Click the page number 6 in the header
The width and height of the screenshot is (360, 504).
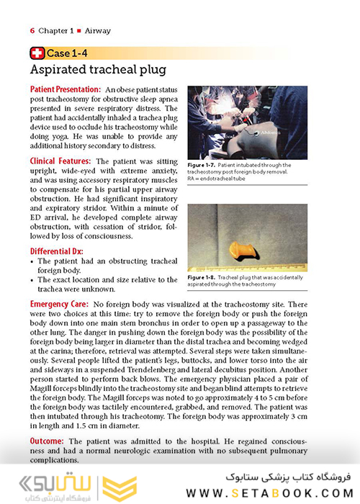point(32,31)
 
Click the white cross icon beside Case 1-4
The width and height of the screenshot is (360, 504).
point(37,53)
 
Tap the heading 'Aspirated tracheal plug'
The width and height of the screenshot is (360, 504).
point(97,70)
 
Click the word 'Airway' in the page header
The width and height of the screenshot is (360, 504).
point(98,31)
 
